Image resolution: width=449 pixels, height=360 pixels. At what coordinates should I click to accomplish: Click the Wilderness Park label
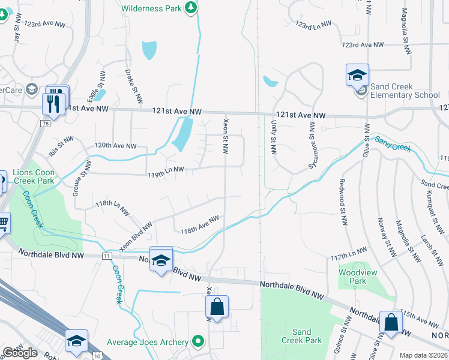151,8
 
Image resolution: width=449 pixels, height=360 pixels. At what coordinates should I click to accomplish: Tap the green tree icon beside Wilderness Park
191,7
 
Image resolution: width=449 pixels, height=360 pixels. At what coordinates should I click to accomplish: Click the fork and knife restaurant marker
54,103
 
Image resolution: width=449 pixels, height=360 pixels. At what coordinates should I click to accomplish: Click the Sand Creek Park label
302,336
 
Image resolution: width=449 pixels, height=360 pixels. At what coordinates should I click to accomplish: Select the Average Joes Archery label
149,342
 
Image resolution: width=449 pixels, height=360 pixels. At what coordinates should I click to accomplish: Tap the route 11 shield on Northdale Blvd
107,256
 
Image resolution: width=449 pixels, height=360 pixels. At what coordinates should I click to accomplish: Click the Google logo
20,353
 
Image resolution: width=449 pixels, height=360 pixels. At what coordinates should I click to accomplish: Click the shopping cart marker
3,223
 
